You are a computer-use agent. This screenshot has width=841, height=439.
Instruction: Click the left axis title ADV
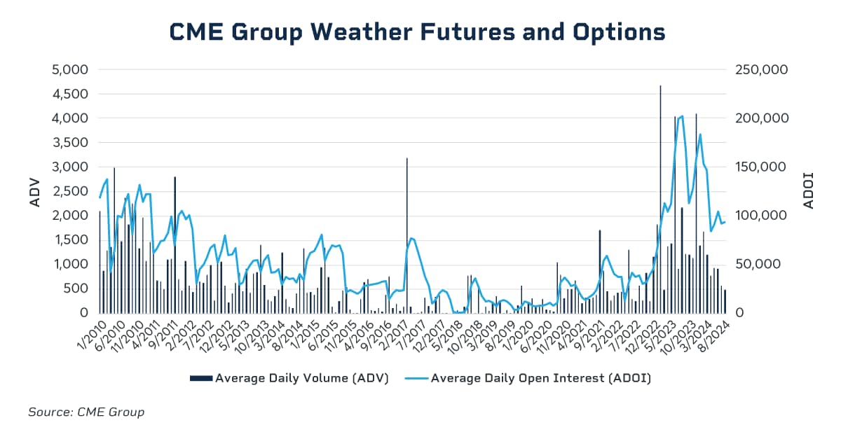tap(35, 191)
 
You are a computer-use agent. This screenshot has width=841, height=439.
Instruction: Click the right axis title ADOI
tap(808, 191)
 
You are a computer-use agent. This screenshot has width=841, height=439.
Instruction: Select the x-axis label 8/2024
tap(711, 335)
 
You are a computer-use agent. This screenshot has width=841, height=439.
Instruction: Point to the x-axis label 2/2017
tap(392, 335)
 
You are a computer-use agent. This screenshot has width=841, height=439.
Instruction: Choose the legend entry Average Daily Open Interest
tap(533, 378)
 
